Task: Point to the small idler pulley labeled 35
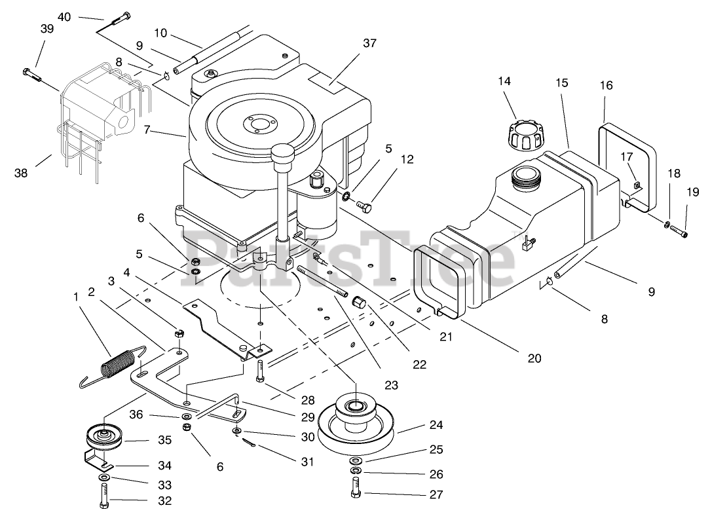pyautogui.click(x=104, y=437)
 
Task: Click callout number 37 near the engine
pyautogui.click(x=370, y=43)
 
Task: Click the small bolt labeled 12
pyautogui.click(x=364, y=206)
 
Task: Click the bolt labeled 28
pyautogui.click(x=261, y=371)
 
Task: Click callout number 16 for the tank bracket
pyautogui.click(x=606, y=85)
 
